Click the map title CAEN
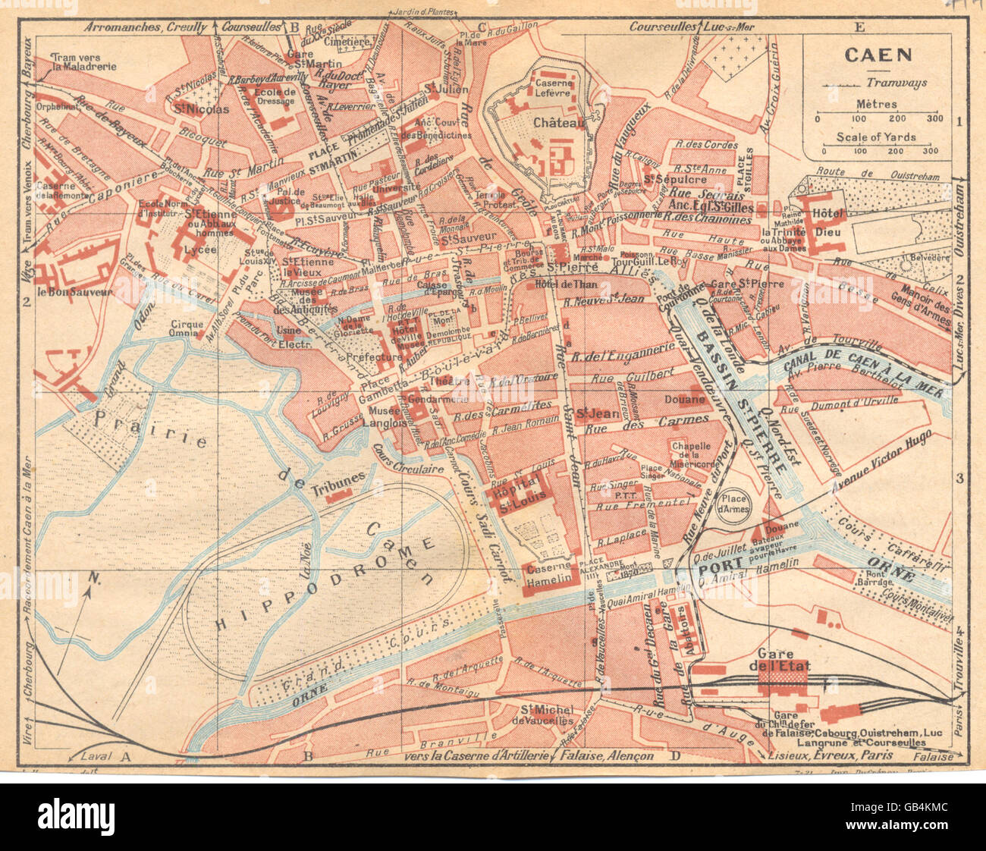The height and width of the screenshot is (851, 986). [868, 55]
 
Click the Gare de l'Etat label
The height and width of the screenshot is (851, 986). [784, 660]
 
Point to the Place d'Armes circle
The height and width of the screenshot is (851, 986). [734, 504]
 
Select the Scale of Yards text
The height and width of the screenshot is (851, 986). [876, 137]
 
